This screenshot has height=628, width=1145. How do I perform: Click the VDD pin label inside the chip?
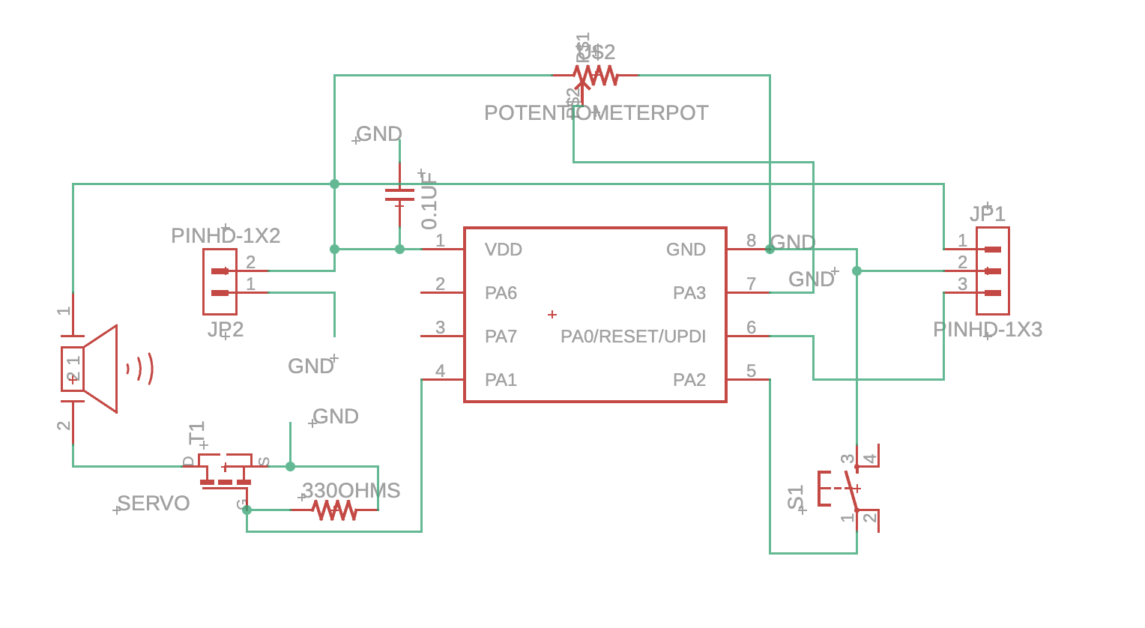[x=503, y=250]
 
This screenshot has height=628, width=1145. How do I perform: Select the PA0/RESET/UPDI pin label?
[x=633, y=336]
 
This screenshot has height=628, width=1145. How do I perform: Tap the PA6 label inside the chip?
[x=501, y=293]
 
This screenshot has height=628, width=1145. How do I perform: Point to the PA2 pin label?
[x=689, y=380]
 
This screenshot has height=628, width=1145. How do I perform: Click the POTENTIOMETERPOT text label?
[x=596, y=113]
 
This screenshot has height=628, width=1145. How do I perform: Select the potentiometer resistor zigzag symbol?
[x=595, y=76]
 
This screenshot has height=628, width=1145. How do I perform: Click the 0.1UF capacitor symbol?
[x=399, y=196]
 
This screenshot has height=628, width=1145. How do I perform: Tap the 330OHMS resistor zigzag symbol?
[x=334, y=510]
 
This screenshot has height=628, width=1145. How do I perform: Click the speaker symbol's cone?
[x=101, y=369]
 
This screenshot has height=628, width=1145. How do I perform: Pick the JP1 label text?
[x=987, y=214]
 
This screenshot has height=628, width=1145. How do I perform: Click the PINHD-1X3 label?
[x=987, y=330]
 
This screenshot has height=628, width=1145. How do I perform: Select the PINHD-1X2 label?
[x=226, y=235]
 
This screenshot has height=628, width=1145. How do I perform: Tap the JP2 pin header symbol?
[x=220, y=282]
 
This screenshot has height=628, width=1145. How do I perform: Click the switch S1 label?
[x=796, y=498]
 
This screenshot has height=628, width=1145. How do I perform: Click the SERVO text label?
[x=154, y=504]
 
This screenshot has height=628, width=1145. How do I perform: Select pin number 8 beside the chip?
[x=751, y=241]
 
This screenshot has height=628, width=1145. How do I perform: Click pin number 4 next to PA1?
[x=440, y=371]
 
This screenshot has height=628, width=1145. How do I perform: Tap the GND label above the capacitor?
[x=379, y=134]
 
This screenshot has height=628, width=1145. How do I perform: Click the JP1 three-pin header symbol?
[x=992, y=271]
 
